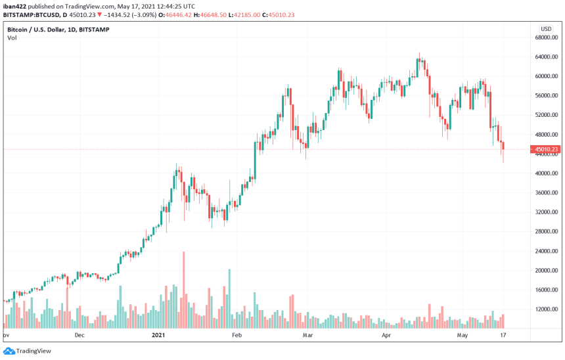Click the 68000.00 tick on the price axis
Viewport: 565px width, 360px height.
pyautogui.click(x=547, y=37)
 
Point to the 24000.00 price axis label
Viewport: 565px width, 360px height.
pyautogui.click(x=547, y=251)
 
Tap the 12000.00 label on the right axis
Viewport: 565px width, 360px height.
pyautogui.click(x=547, y=309)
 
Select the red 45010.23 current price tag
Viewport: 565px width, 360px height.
pyautogui.click(x=547, y=149)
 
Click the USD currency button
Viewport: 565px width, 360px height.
pyautogui.click(x=545, y=29)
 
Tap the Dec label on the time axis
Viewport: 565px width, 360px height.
pyautogui.click(x=80, y=335)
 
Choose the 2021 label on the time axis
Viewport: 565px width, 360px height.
pyautogui.click(x=158, y=335)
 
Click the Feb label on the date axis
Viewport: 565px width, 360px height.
pyautogui.click(x=237, y=335)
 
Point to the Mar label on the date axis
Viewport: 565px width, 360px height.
pyautogui.click(x=306, y=335)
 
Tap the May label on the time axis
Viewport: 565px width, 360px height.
pyautogui.click(x=463, y=335)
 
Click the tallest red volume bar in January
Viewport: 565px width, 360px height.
pyautogui.click(x=183, y=289)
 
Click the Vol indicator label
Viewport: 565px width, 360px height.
pyautogui.click(x=12, y=38)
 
